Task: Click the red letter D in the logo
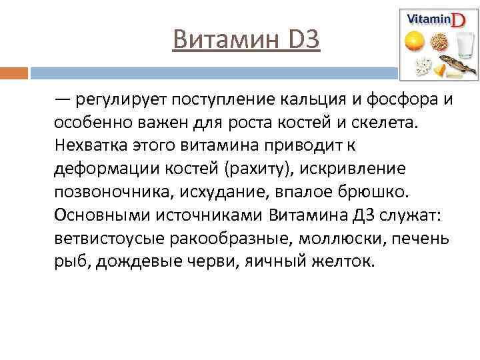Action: tap(459, 20)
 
